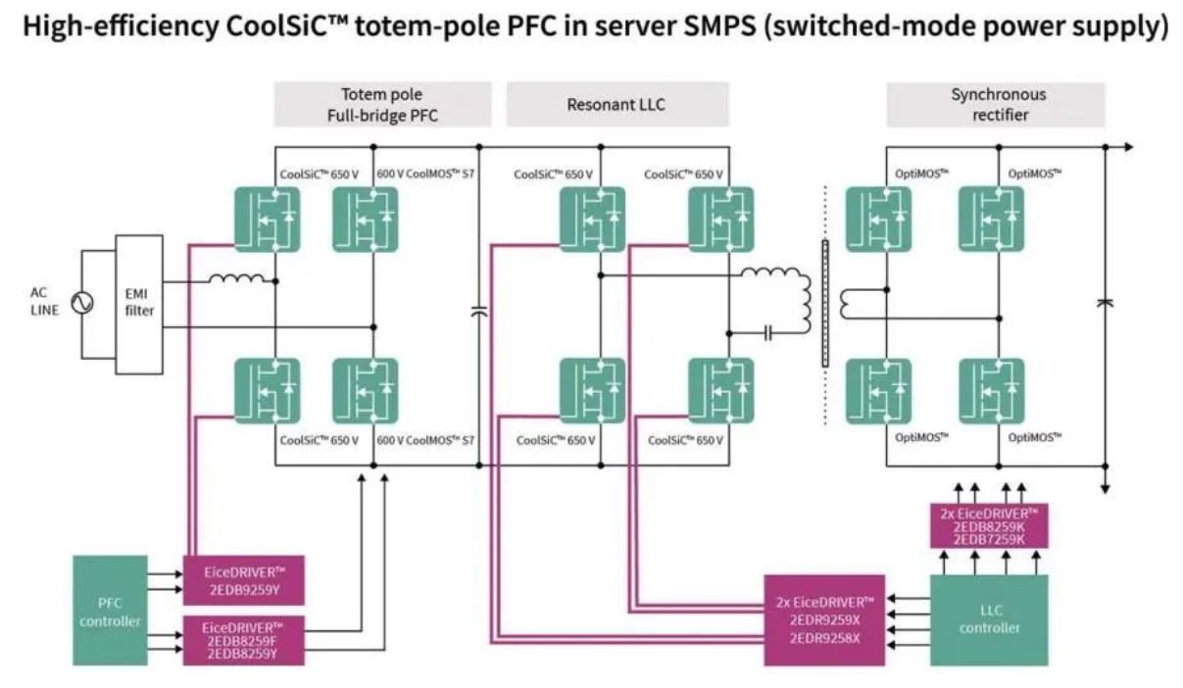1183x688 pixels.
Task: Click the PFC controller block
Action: tap(110, 610)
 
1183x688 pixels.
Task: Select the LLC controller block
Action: tap(989, 620)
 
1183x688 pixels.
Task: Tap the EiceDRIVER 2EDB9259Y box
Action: tap(243, 580)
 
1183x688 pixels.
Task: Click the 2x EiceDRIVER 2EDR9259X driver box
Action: tap(824, 620)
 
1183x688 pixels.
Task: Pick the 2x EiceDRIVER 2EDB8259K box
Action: tap(989, 525)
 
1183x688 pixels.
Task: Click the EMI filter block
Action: tap(139, 305)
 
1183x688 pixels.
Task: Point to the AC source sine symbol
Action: tap(82, 303)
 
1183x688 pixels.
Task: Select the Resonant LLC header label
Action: tap(617, 105)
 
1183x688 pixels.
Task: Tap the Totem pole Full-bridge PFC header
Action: tap(382, 105)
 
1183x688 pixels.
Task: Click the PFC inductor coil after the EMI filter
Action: tap(237, 277)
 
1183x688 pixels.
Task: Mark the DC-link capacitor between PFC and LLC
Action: tap(479, 312)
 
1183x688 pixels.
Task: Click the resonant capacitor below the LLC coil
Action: tap(767, 333)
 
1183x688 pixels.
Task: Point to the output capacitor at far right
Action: tap(1105, 303)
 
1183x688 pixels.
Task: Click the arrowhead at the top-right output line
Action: tap(1128, 147)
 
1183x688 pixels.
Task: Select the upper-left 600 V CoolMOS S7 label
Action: tap(425, 173)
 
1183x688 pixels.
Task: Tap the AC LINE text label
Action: tap(44, 302)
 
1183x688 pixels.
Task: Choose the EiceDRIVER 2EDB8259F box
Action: tap(243, 641)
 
